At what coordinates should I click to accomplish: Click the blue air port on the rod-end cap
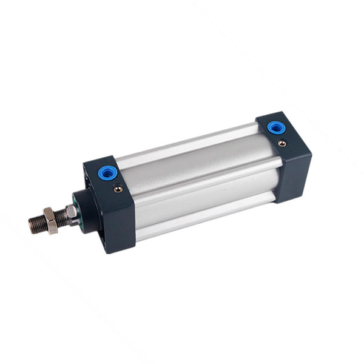[x=108, y=174]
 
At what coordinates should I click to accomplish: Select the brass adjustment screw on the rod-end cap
[x=118, y=189]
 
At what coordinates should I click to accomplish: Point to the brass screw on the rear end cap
[x=282, y=143]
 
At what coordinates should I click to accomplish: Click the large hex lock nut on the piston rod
[x=50, y=220]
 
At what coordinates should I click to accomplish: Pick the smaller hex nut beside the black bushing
[x=71, y=212]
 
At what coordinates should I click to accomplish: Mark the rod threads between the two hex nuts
[x=62, y=217]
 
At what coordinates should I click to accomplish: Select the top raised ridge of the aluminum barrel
[x=188, y=145]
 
